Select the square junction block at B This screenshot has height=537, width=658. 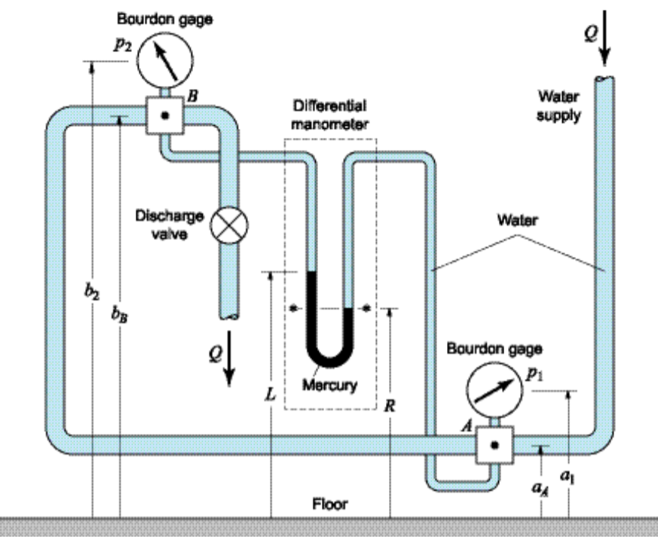point(165,117)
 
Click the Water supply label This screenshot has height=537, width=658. point(559,105)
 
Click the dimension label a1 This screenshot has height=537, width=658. point(570,475)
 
